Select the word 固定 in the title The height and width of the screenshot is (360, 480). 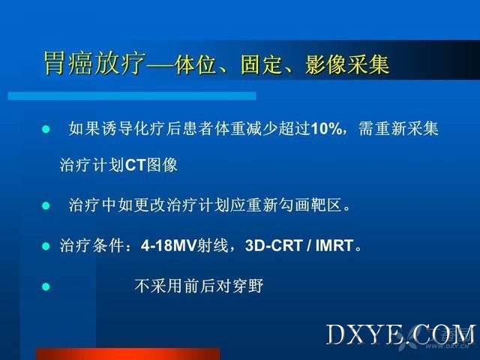point(261,64)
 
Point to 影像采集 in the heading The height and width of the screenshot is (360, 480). point(347,64)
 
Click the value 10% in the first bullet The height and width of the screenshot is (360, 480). point(326,128)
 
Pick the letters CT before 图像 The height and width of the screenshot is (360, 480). point(135,165)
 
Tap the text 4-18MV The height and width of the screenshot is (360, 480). point(169,245)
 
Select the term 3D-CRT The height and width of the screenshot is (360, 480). point(274,245)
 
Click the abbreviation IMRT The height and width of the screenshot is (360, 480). point(334,245)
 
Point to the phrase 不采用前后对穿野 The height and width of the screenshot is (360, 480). point(199,286)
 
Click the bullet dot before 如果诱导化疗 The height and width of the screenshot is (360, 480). point(46,129)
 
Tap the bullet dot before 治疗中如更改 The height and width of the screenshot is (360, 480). point(46,205)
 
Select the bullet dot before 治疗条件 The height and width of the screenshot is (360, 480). point(46,246)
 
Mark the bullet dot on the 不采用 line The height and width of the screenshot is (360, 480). point(46,286)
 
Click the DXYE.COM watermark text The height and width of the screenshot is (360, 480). point(400,334)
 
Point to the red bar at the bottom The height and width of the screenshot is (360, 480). point(128,354)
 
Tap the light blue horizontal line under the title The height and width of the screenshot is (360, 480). point(132,96)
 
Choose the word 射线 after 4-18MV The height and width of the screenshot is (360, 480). point(213,245)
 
